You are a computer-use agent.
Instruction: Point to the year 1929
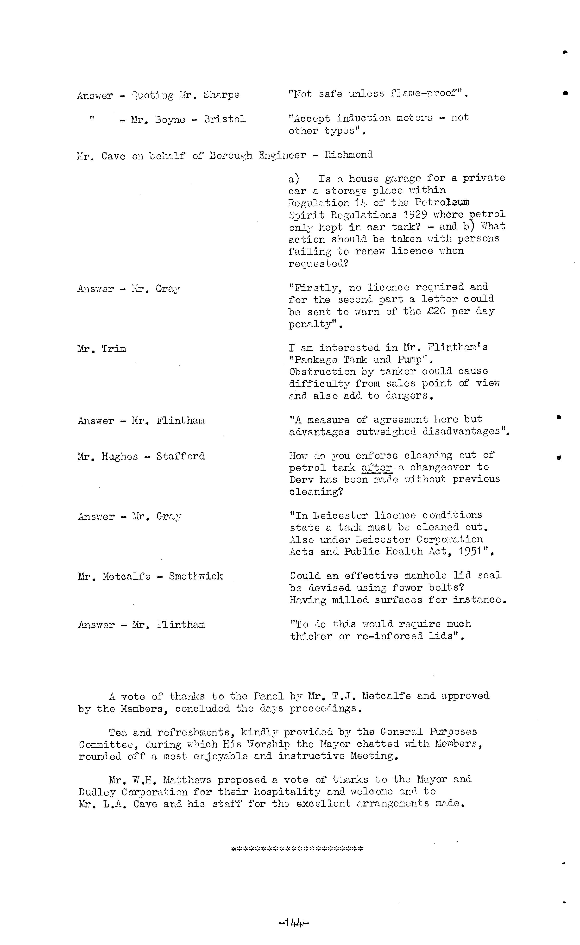coord(416,214)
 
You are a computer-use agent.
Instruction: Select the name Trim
coord(114,349)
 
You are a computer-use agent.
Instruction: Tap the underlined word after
coord(377,467)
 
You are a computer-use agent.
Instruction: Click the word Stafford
coord(180,456)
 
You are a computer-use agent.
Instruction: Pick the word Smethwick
coord(196,576)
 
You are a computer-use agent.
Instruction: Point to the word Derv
coord(302,479)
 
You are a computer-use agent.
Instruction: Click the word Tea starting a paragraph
coord(117,732)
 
